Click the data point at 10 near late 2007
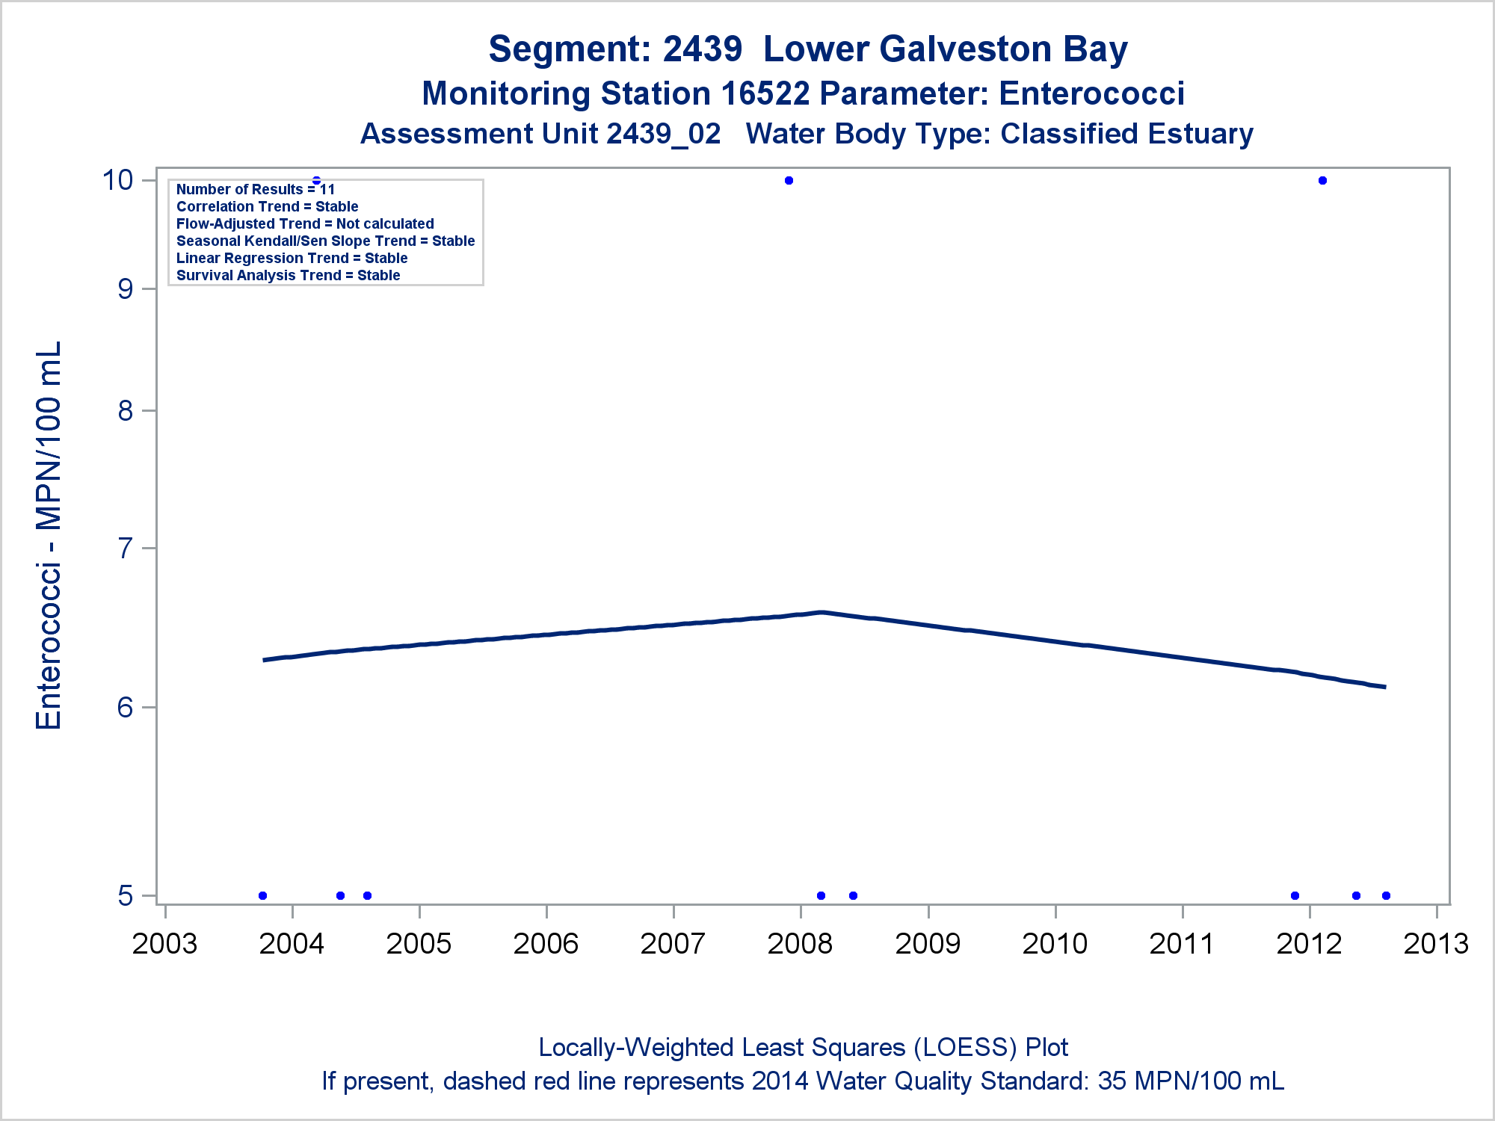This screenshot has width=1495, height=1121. point(789,180)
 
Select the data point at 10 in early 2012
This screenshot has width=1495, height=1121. point(1322,180)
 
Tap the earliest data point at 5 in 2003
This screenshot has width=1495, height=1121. point(262,895)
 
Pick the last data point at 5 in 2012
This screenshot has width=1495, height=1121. point(1386,895)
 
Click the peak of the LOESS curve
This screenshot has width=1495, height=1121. point(822,612)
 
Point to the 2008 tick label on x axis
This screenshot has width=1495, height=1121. point(800,944)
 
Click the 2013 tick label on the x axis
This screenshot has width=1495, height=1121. point(1436,944)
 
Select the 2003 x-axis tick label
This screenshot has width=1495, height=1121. point(164,944)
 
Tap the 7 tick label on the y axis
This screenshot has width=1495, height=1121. point(126,549)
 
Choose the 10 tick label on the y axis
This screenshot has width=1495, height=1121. point(117,180)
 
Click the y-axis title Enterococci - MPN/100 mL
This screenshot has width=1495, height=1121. point(49,535)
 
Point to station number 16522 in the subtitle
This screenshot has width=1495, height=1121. point(765,94)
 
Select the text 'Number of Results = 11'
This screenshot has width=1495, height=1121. point(256,190)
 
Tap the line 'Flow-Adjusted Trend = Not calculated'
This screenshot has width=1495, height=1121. point(305,223)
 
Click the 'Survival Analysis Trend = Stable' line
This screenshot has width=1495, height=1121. point(288,275)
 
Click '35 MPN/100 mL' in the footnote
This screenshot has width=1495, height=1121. point(1190,1081)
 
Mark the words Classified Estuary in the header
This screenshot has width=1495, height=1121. point(1126,134)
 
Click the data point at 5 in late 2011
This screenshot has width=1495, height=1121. point(1295,895)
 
